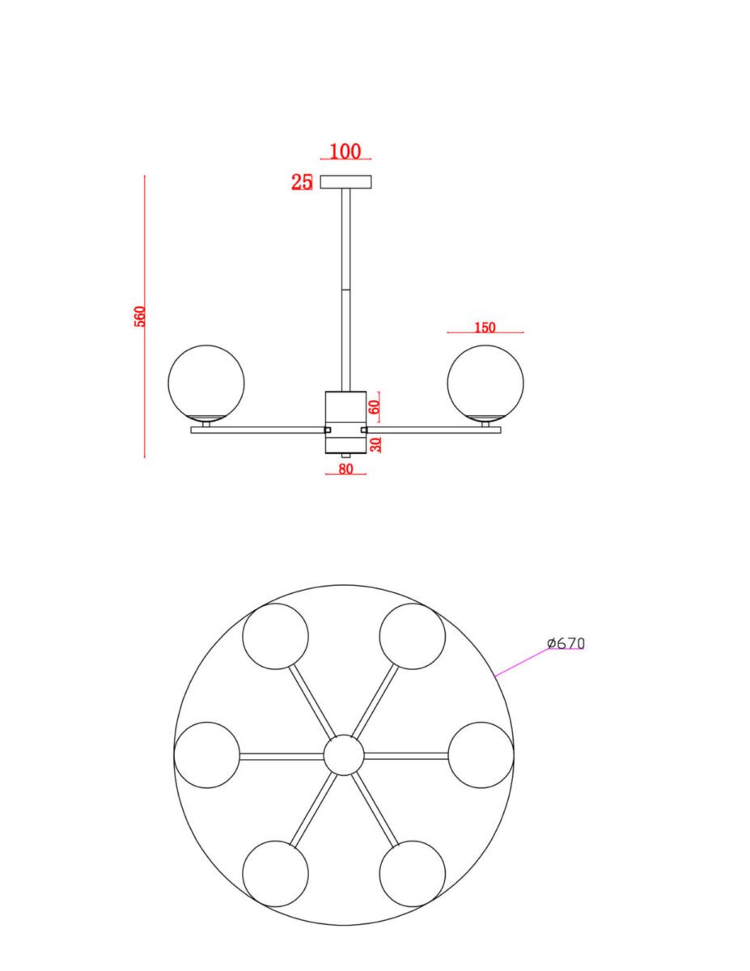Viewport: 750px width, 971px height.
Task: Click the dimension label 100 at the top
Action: [x=345, y=151]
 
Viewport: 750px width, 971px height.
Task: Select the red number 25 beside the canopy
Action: [x=302, y=182]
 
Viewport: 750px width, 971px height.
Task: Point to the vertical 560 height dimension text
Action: [x=140, y=316]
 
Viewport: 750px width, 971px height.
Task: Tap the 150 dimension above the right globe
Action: [x=485, y=328]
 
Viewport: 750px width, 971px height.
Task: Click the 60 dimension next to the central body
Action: [x=374, y=406]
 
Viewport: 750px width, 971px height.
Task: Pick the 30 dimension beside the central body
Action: [x=375, y=443]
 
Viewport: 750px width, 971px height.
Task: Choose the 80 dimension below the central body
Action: [x=346, y=469]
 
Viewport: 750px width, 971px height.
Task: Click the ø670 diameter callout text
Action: [x=566, y=643]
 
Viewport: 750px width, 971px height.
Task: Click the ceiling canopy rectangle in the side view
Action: [x=346, y=182]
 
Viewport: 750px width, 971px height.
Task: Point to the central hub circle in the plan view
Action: [x=344, y=756]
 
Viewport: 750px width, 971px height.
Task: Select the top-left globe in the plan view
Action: [x=276, y=636]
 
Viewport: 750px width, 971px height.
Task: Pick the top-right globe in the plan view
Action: [x=413, y=636]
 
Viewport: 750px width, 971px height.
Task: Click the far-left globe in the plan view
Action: [x=207, y=755]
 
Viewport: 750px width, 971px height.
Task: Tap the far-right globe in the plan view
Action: [x=481, y=755]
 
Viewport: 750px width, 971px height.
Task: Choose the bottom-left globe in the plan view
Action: [x=276, y=874]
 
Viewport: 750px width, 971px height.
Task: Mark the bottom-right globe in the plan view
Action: [x=413, y=874]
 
